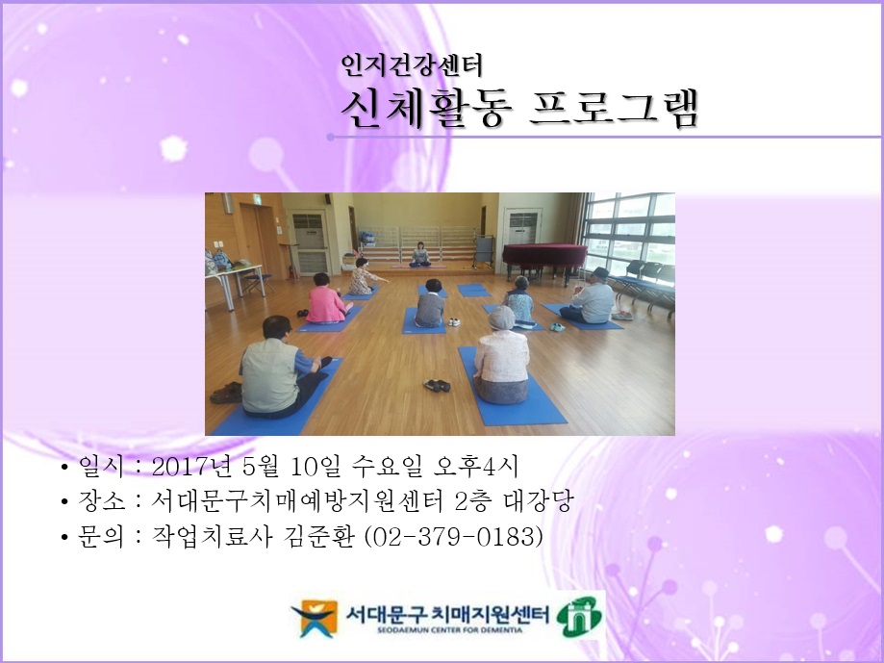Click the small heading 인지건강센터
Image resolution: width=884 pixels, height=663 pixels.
pyautogui.click(x=411, y=65)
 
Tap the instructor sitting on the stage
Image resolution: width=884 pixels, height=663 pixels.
pyautogui.click(x=419, y=254)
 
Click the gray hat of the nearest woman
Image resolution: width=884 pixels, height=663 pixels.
pyautogui.click(x=501, y=318)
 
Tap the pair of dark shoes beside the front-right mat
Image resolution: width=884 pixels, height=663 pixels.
pyautogui.click(x=438, y=385)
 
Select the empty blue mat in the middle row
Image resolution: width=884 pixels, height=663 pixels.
pyautogui.click(x=473, y=289)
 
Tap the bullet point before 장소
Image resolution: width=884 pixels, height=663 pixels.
pyautogui.click(x=63, y=502)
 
